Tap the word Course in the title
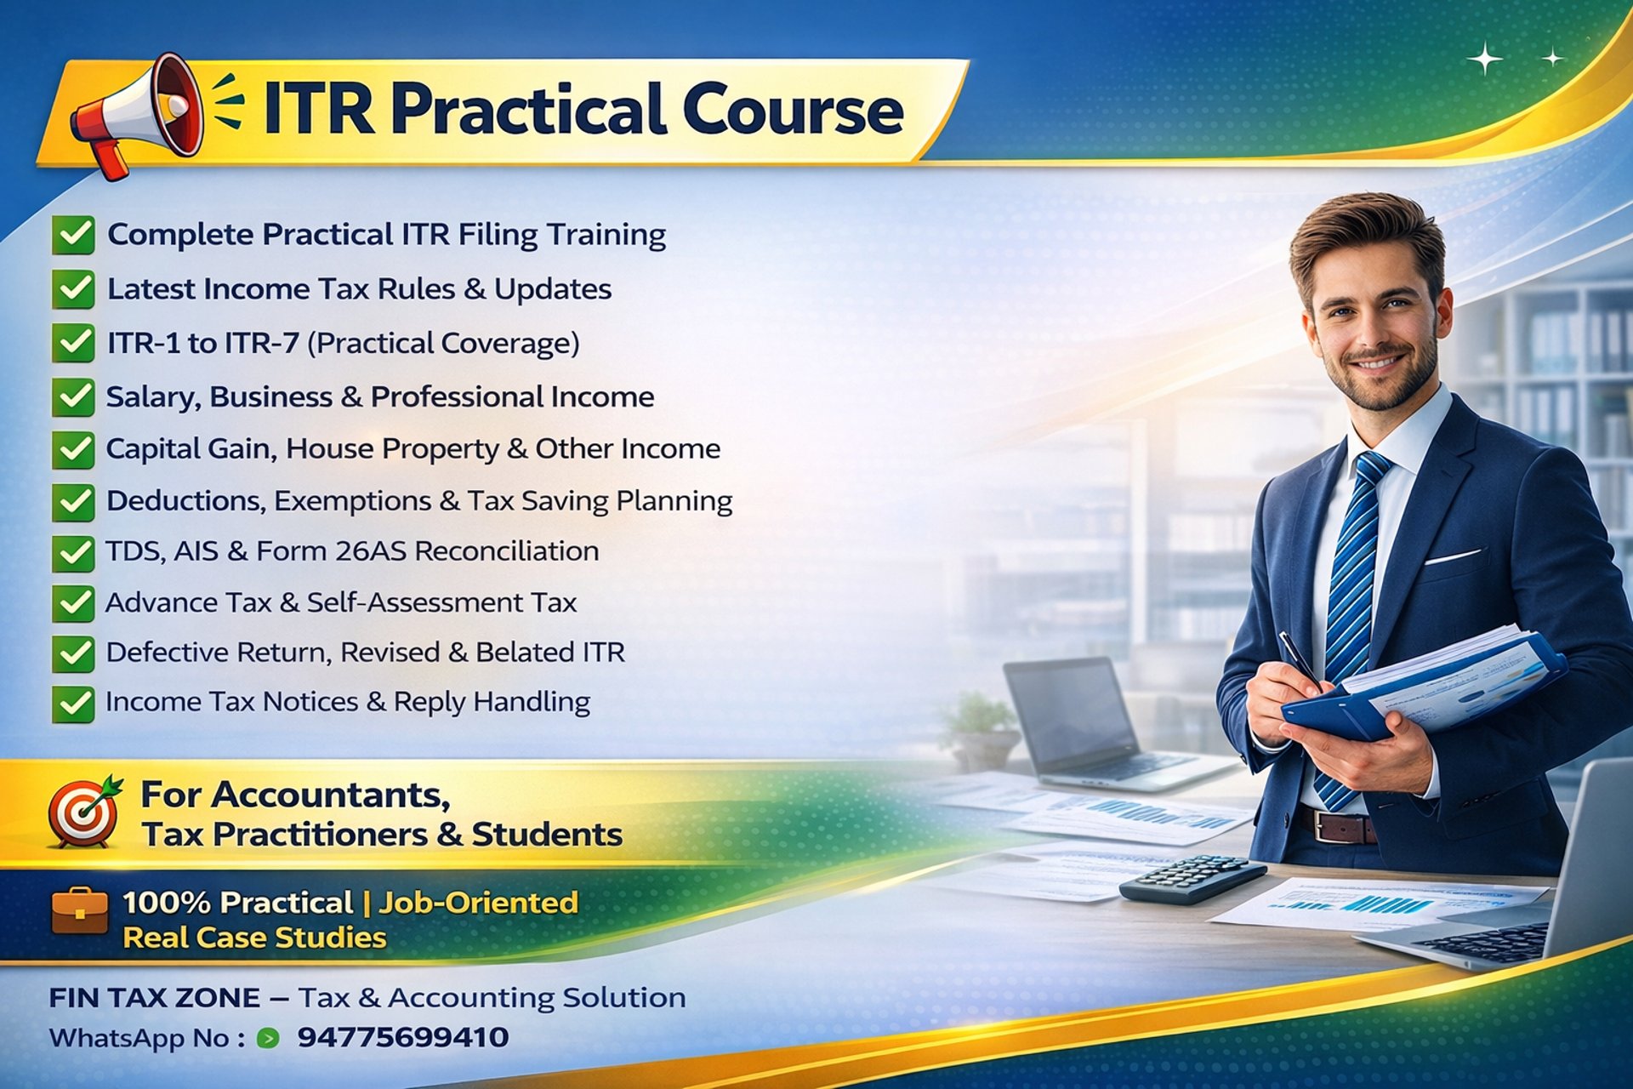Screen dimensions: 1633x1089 [793, 109]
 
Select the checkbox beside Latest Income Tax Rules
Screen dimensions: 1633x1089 [73, 289]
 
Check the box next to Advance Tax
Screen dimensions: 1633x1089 [73, 603]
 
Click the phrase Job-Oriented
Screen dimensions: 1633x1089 [478, 902]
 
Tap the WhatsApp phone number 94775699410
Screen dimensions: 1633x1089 [403, 1037]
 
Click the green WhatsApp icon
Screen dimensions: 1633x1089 [268, 1038]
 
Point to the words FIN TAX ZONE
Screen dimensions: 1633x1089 [155, 997]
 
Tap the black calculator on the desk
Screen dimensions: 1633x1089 [1192, 879]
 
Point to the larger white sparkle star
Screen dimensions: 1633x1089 [1486, 59]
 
